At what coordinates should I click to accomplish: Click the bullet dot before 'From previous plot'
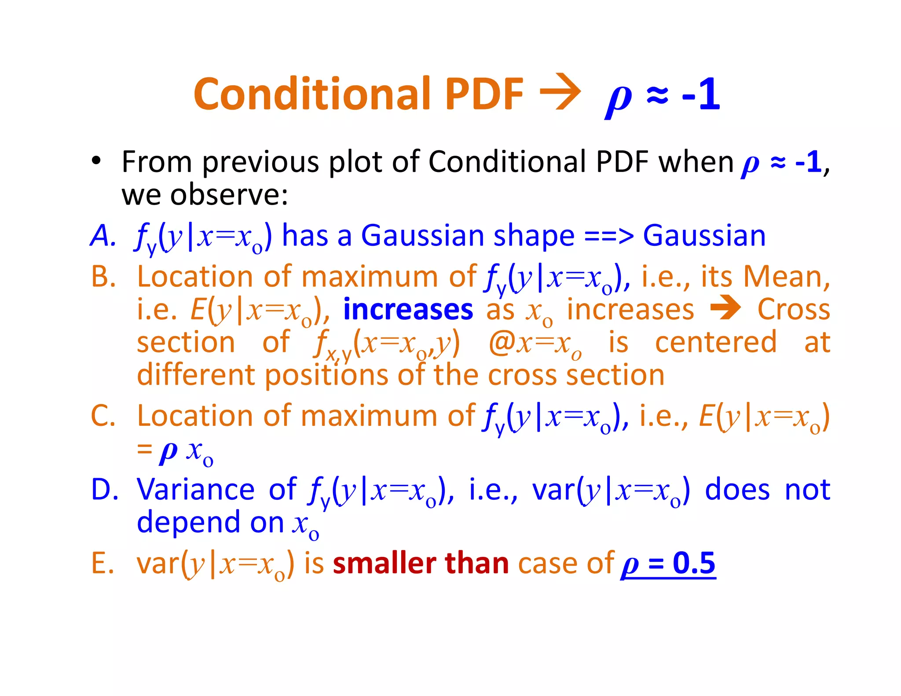point(96,161)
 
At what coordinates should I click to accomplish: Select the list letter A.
point(102,235)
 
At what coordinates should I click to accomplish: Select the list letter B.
point(103,277)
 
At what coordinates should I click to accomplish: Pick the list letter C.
point(103,415)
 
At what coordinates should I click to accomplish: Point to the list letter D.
point(104,489)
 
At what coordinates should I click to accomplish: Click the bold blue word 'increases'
point(408,310)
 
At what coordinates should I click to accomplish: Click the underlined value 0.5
point(694,563)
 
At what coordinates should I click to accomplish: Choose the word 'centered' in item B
point(716,342)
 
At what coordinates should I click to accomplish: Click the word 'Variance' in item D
point(195,489)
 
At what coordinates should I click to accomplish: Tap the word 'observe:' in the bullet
point(229,194)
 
